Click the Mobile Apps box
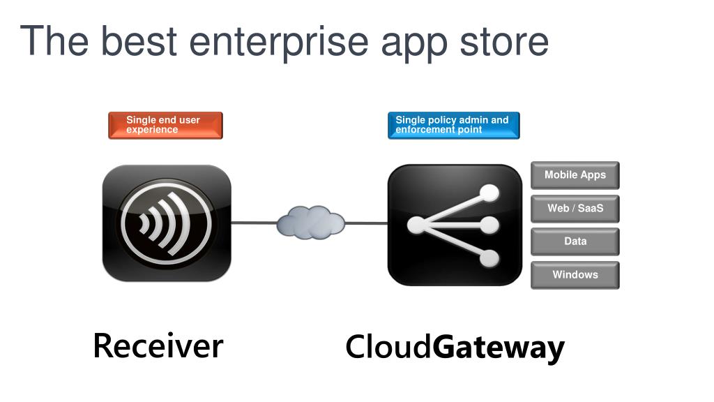click(x=575, y=175)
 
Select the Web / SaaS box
click(x=575, y=208)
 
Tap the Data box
click(x=575, y=241)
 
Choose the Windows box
click(x=575, y=275)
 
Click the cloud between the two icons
click(x=311, y=223)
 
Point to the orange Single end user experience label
click(x=165, y=125)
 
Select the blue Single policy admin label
click(x=453, y=125)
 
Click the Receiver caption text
click(x=158, y=345)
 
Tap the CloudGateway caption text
click(x=455, y=348)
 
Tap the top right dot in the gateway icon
click(x=490, y=192)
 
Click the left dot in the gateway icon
click(x=416, y=225)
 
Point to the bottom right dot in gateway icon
click(x=490, y=258)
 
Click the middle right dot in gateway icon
click(x=490, y=225)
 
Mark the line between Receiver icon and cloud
click(x=254, y=223)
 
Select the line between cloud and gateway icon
click(x=367, y=223)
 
